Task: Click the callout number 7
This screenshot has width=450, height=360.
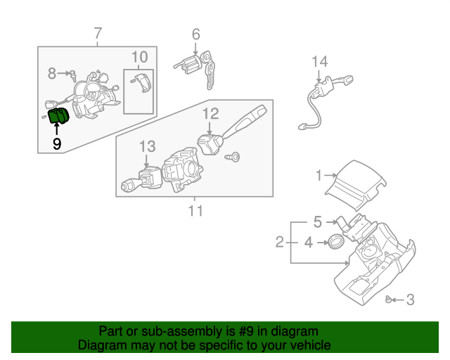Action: coord(98,32)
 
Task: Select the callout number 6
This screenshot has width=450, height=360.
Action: coord(195,33)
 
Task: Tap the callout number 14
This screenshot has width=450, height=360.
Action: coord(320,61)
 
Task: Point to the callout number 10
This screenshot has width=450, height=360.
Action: coord(139,56)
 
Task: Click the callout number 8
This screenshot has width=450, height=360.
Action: coord(52,72)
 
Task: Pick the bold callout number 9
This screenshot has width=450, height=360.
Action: coord(56,143)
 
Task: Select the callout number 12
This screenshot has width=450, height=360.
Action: coord(211,112)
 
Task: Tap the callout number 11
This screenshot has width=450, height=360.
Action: coord(195,210)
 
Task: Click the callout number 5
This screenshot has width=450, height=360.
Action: coord(317,222)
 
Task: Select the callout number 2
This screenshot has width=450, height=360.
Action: coord(280,243)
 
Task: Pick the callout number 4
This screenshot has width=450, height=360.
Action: coord(308,243)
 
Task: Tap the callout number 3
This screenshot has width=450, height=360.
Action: coord(411,300)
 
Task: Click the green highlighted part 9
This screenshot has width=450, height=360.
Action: coord(56,118)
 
